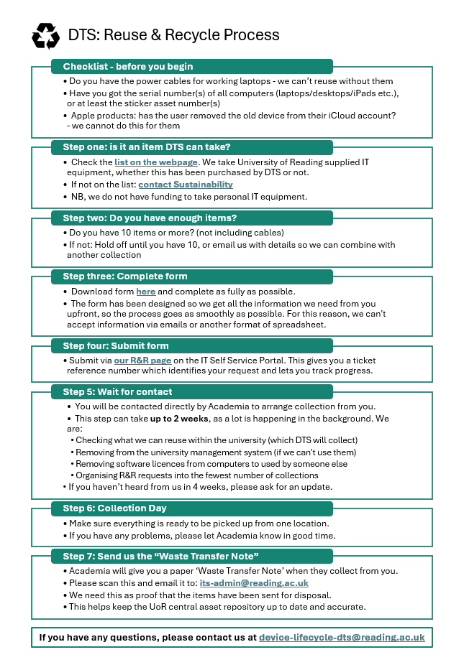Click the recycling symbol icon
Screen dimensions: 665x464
point(45,35)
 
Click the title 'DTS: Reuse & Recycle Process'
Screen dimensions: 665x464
point(173,34)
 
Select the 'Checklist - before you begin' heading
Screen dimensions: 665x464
point(128,67)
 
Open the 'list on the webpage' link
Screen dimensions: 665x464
point(155,163)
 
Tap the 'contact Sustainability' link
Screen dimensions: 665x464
point(186,185)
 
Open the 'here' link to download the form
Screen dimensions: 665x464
point(145,292)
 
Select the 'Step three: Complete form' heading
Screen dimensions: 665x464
point(125,276)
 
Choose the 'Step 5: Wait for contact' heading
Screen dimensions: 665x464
point(117,391)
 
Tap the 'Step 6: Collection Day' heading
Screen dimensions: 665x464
point(114,508)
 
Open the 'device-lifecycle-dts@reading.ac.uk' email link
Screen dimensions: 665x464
point(342,637)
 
